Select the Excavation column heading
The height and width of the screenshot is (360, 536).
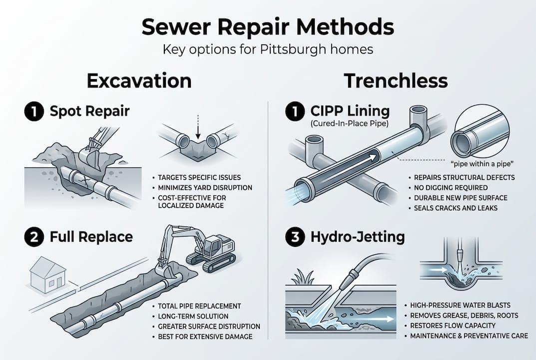click(139, 80)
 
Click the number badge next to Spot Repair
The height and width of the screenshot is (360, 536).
click(34, 111)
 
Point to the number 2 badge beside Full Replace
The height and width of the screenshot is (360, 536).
click(34, 236)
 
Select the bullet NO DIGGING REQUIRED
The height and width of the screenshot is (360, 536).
click(450, 187)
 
